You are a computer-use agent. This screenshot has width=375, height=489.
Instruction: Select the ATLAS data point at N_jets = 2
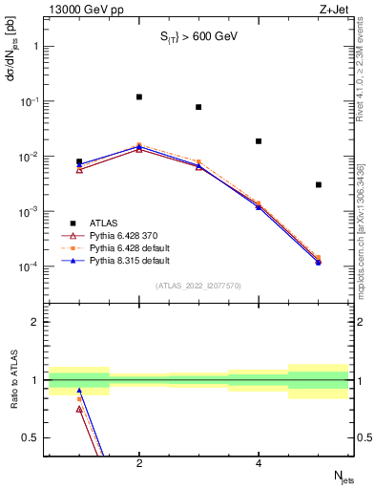click(139, 96)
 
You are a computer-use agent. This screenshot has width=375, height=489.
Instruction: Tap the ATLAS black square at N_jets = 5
click(318, 184)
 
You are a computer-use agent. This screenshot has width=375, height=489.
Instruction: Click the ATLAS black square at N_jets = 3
click(198, 107)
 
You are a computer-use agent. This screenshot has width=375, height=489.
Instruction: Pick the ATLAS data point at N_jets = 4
click(259, 141)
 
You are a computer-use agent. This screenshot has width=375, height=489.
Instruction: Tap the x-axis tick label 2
click(139, 464)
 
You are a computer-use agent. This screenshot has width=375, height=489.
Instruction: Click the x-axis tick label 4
click(259, 464)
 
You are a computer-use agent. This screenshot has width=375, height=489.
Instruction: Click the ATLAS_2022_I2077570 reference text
click(198, 286)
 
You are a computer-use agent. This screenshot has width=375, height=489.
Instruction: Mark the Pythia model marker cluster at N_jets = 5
click(318, 261)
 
